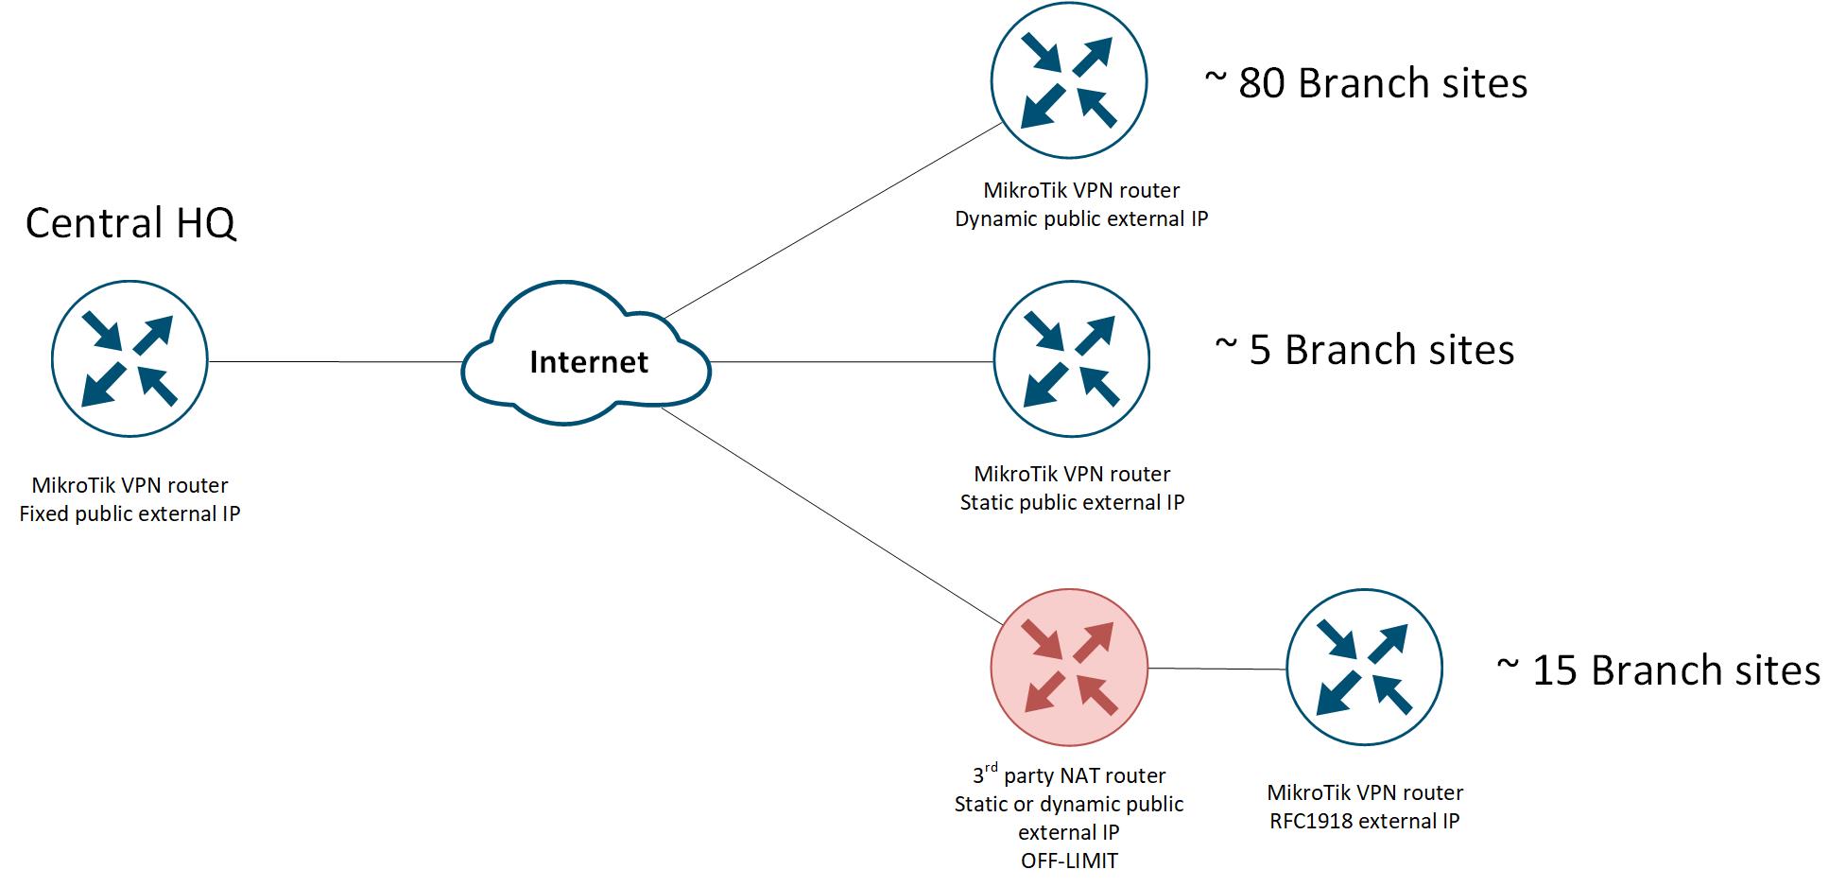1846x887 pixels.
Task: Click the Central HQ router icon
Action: coord(129,358)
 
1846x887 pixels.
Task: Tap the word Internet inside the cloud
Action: coord(588,362)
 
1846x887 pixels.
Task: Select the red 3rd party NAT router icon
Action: coord(1069,668)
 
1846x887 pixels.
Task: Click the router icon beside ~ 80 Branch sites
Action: coord(1069,81)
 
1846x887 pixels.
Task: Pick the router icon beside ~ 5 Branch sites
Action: coord(1072,359)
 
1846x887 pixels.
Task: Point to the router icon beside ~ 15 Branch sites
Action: coord(1364,668)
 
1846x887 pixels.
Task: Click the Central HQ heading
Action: coord(130,223)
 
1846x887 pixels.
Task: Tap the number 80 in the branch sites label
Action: coord(1261,84)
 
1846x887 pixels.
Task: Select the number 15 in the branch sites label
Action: coord(1555,670)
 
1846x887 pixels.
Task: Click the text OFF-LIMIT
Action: coord(1069,861)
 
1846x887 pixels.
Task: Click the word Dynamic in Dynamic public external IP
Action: coord(996,218)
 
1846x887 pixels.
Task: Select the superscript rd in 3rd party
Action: coord(991,767)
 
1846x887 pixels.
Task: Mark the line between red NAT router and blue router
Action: coord(1217,669)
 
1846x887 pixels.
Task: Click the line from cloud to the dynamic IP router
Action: coord(832,220)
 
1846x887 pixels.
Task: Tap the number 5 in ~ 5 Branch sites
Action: coord(1260,351)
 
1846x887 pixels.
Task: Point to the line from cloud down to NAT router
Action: coord(832,516)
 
